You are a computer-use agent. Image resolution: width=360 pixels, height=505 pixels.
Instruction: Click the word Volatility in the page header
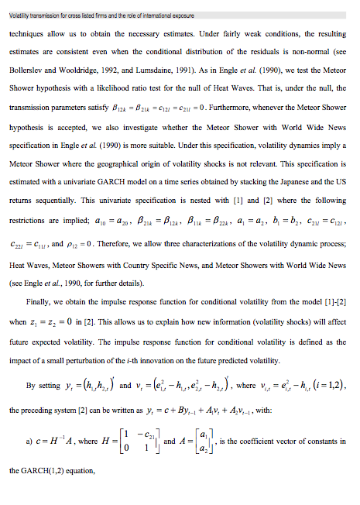[19, 15]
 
